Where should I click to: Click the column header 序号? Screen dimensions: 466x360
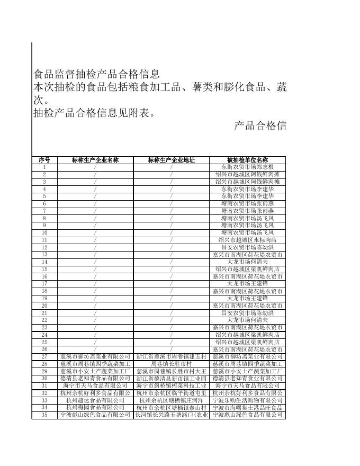pyautogui.click(x=44, y=160)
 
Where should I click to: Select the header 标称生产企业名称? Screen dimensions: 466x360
pyautogui.click(x=95, y=160)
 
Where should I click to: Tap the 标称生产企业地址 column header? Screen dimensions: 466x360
pyautogui.click(x=172, y=160)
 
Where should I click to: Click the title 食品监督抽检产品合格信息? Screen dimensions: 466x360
pyautogui.click(x=96, y=74)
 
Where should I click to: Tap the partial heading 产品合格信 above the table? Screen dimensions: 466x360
pyautogui.click(x=260, y=126)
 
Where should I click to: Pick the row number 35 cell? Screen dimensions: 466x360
pyautogui.click(x=44, y=415)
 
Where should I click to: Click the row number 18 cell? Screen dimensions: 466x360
pyautogui.click(x=44, y=291)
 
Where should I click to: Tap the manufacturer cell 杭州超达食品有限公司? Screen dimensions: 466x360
pyautogui.click(x=95, y=401)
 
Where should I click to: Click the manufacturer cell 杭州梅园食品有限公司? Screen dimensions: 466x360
pyautogui.click(x=95, y=408)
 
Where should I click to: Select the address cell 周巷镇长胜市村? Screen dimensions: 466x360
pyautogui.click(x=172, y=364)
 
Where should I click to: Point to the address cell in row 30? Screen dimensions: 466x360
pyautogui.click(x=172, y=379)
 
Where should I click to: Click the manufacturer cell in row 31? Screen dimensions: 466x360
pyautogui.click(x=95, y=386)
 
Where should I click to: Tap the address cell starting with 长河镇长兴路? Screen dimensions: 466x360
pyautogui.click(x=172, y=415)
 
